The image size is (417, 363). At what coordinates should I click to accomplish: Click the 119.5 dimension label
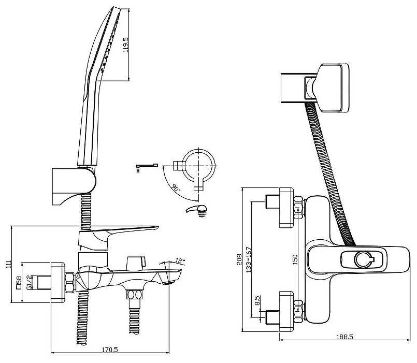click(126, 44)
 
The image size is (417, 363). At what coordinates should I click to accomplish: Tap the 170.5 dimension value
click(110, 349)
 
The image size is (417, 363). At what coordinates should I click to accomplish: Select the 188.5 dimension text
click(344, 337)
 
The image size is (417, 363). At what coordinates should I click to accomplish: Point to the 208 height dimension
click(239, 259)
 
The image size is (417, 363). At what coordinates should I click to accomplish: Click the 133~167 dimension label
click(249, 260)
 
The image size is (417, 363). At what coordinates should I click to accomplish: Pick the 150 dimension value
click(295, 260)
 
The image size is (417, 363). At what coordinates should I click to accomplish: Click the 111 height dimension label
click(9, 264)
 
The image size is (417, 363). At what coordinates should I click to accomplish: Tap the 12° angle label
click(180, 261)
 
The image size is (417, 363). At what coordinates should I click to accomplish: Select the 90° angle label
click(176, 188)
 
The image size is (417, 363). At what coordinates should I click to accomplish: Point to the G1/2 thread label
click(29, 282)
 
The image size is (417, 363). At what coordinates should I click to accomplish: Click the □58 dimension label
click(19, 283)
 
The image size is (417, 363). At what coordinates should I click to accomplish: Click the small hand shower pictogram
click(197, 211)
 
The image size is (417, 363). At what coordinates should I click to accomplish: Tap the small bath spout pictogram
click(147, 168)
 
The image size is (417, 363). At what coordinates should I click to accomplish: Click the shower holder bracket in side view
click(74, 185)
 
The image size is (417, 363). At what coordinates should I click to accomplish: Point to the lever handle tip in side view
click(157, 228)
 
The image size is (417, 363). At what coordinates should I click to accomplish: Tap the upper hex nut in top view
click(298, 208)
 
